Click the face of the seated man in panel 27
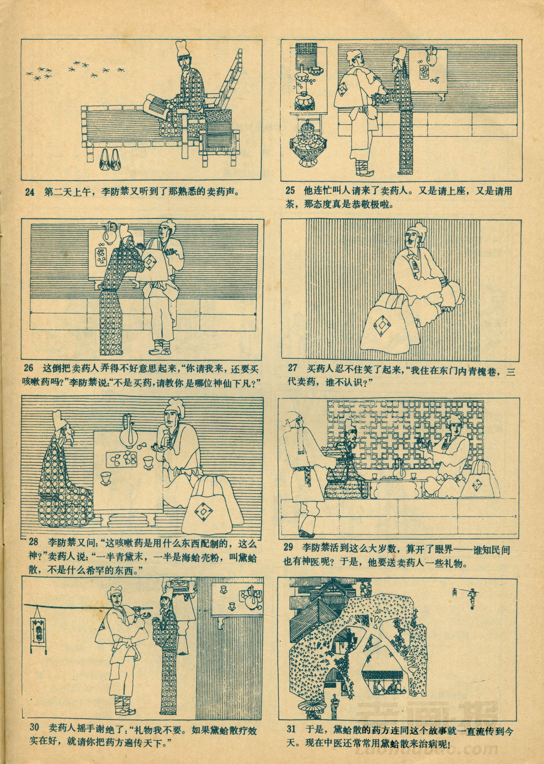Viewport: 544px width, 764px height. pyautogui.click(x=411, y=241)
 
